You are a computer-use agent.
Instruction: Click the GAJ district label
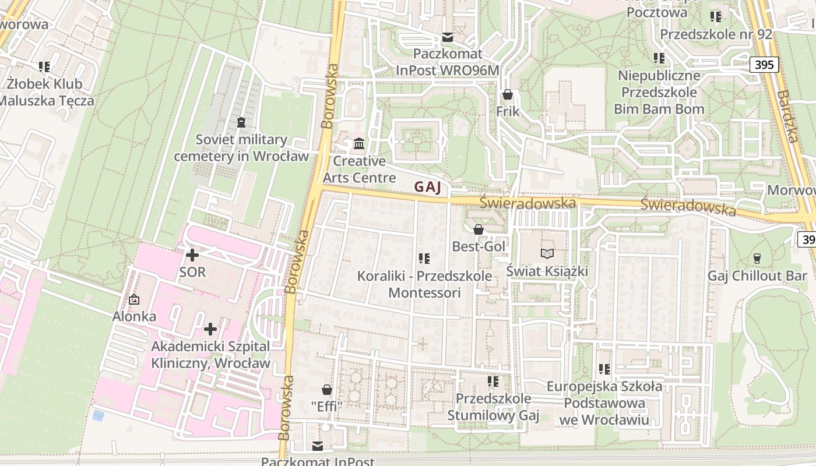[x=431, y=187]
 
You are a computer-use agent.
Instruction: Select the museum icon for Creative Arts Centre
[x=359, y=143]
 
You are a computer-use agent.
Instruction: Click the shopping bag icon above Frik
[x=508, y=94]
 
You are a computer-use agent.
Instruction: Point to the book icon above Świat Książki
[x=547, y=253]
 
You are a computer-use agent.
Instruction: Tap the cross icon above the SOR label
[x=192, y=255]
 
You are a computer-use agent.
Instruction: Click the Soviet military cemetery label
[x=241, y=148]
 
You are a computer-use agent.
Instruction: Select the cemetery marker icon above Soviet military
[x=241, y=122]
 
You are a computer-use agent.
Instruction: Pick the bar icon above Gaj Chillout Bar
[x=757, y=257]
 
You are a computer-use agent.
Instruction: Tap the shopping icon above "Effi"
[x=326, y=389]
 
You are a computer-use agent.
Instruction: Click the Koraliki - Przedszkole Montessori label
[x=424, y=284]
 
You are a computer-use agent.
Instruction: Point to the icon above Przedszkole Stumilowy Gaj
[x=493, y=381]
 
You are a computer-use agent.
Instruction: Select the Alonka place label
[x=134, y=317]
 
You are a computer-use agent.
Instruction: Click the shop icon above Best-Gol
[x=479, y=230]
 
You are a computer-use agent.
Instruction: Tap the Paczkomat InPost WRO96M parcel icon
[x=447, y=37]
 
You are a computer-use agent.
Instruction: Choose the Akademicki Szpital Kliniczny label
[x=210, y=355]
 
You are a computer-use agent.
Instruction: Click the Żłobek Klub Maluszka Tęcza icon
[x=44, y=66]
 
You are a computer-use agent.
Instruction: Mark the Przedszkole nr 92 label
[x=716, y=34]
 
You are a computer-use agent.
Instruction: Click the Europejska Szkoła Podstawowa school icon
[x=604, y=369]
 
